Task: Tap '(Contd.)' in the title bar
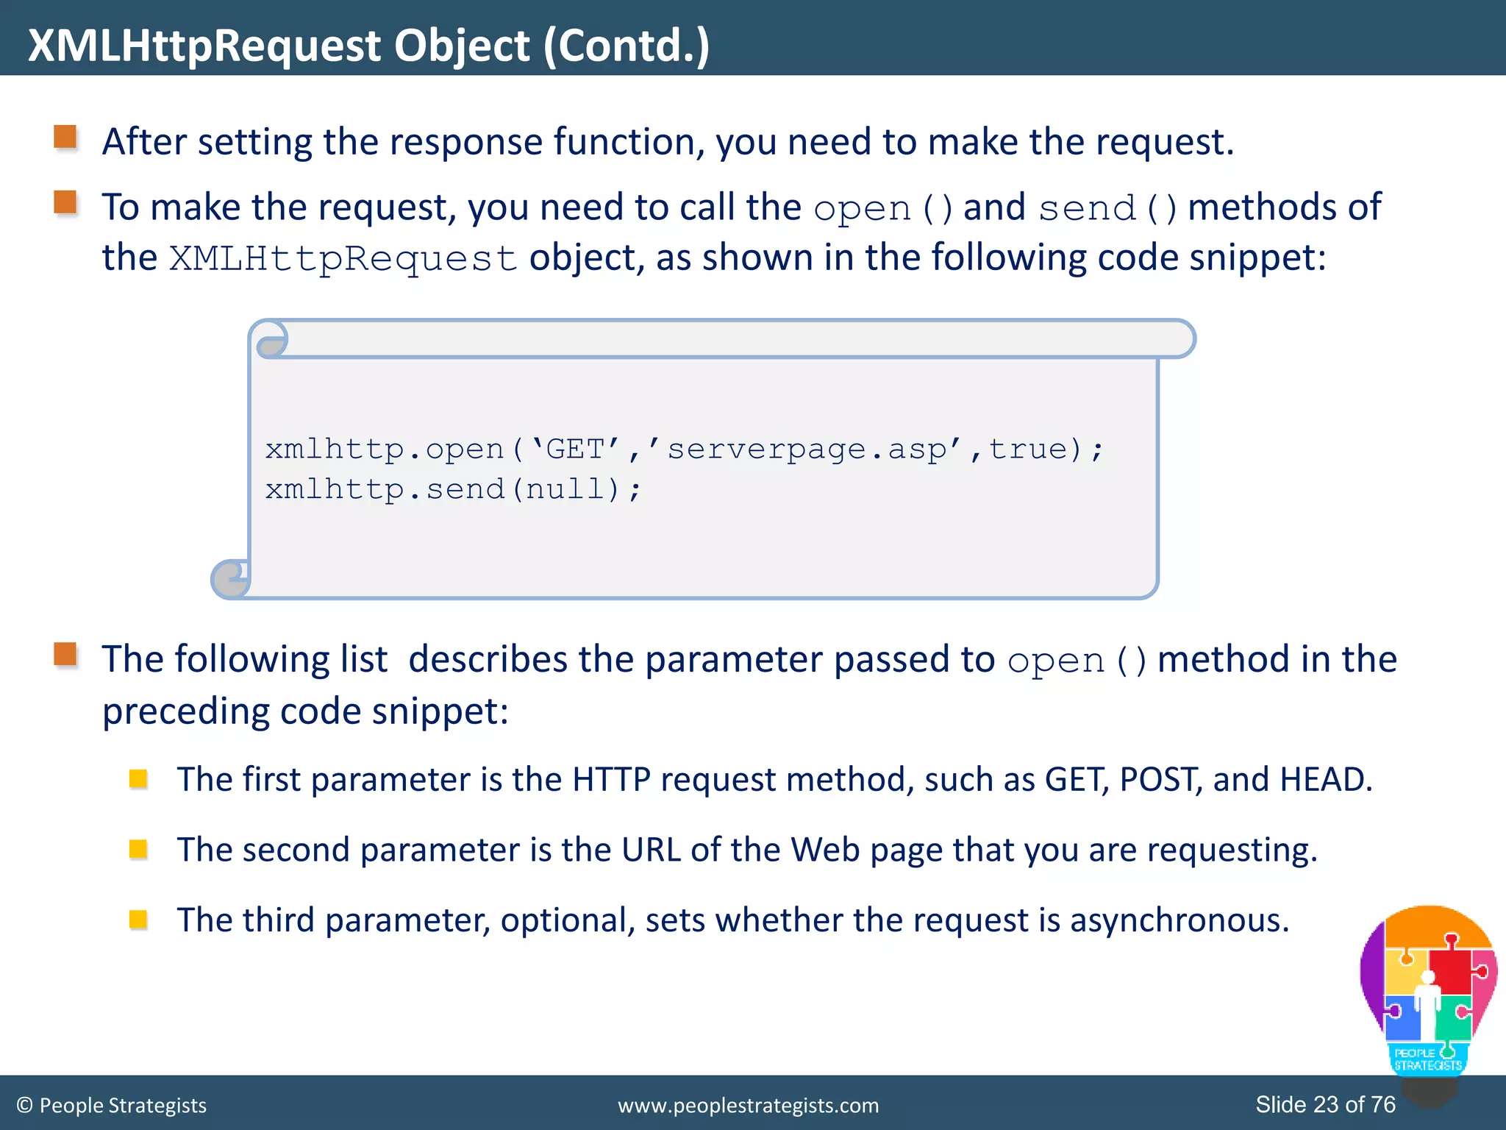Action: click(627, 46)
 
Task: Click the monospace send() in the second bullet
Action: click(1107, 208)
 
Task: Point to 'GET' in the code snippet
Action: click(575, 449)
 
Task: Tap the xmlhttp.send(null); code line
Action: click(453, 489)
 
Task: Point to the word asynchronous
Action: click(1179, 920)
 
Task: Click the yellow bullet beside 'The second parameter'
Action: click(138, 850)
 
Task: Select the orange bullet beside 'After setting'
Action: click(65, 138)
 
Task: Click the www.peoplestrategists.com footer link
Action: click(748, 1105)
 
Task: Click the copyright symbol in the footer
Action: click(24, 1106)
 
